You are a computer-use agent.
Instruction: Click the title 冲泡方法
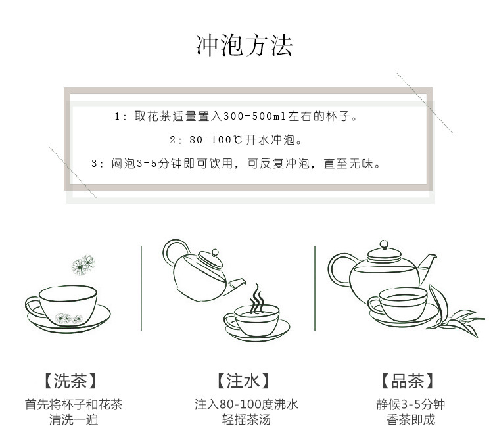click(245, 45)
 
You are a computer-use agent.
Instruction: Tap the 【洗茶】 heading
click(70, 381)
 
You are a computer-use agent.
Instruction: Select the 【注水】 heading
click(243, 381)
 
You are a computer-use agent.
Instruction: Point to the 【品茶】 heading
click(408, 381)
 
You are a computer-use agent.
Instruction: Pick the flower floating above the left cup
click(83, 266)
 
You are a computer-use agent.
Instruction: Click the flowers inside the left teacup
click(68, 318)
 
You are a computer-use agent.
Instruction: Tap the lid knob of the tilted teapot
click(215, 252)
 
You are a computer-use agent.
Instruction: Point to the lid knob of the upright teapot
click(384, 244)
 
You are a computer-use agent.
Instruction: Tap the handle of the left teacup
click(33, 306)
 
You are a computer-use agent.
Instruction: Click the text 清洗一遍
click(74, 420)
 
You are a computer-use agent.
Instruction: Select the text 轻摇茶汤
click(246, 420)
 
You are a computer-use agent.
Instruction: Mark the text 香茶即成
click(411, 420)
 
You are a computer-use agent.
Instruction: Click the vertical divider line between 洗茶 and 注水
click(141, 289)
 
